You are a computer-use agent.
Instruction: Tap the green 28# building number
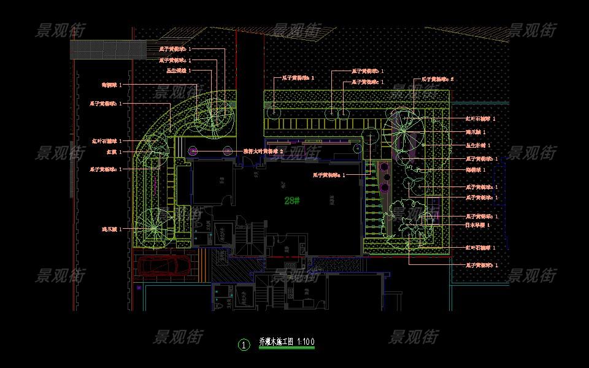(292, 200)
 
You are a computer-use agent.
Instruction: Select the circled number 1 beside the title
(244, 345)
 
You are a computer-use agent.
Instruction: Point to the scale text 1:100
(306, 342)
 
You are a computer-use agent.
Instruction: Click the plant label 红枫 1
(114, 151)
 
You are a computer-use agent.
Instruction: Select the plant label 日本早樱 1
(478, 226)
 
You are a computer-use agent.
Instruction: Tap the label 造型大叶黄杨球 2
(263, 150)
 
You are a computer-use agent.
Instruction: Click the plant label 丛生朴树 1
(478, 145)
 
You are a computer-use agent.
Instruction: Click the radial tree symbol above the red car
(151, 228)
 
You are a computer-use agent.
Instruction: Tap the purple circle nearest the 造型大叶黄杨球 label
(228, 150)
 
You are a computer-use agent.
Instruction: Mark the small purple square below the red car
(139, 286)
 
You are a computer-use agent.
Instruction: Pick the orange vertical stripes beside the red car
(201, 266)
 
